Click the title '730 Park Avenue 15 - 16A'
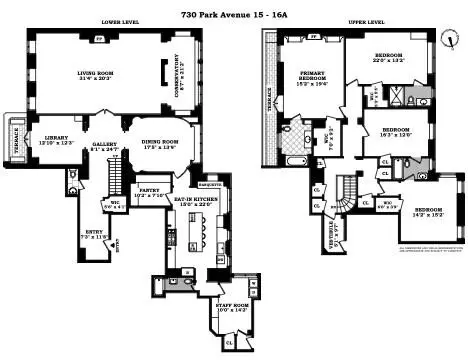(234, 7)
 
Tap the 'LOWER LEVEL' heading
(120, 22)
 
